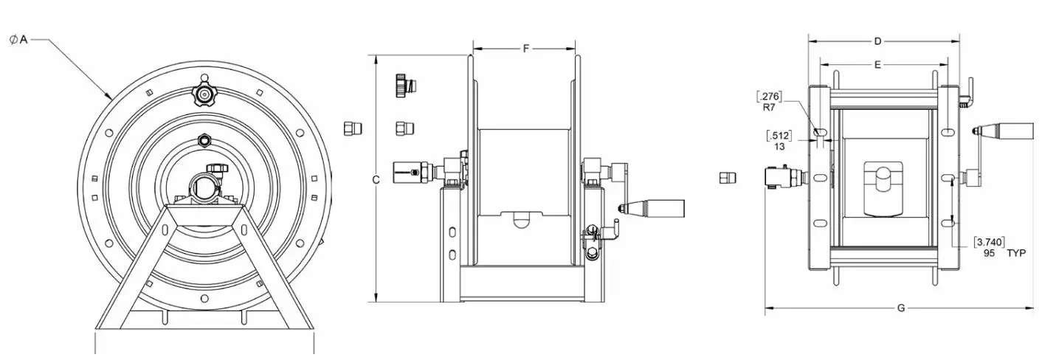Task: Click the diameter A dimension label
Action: tap(18, 40)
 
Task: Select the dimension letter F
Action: tap(525, 49)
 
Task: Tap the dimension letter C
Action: tap(376, 180)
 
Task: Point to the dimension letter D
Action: tap(877, 41)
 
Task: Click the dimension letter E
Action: tap(877, 65)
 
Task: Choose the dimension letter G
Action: tap(900, 308)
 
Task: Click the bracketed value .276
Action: tap(770, 96)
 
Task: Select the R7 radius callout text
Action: tap(770, 107)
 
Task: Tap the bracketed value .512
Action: tap(779, 135)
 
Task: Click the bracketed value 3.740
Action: tap(989, 242)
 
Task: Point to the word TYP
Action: tap(1016, 253)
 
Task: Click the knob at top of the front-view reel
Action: tap(202, 92)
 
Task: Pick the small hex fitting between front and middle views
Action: tap(352, 128)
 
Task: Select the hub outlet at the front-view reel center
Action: tap(204, 184)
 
